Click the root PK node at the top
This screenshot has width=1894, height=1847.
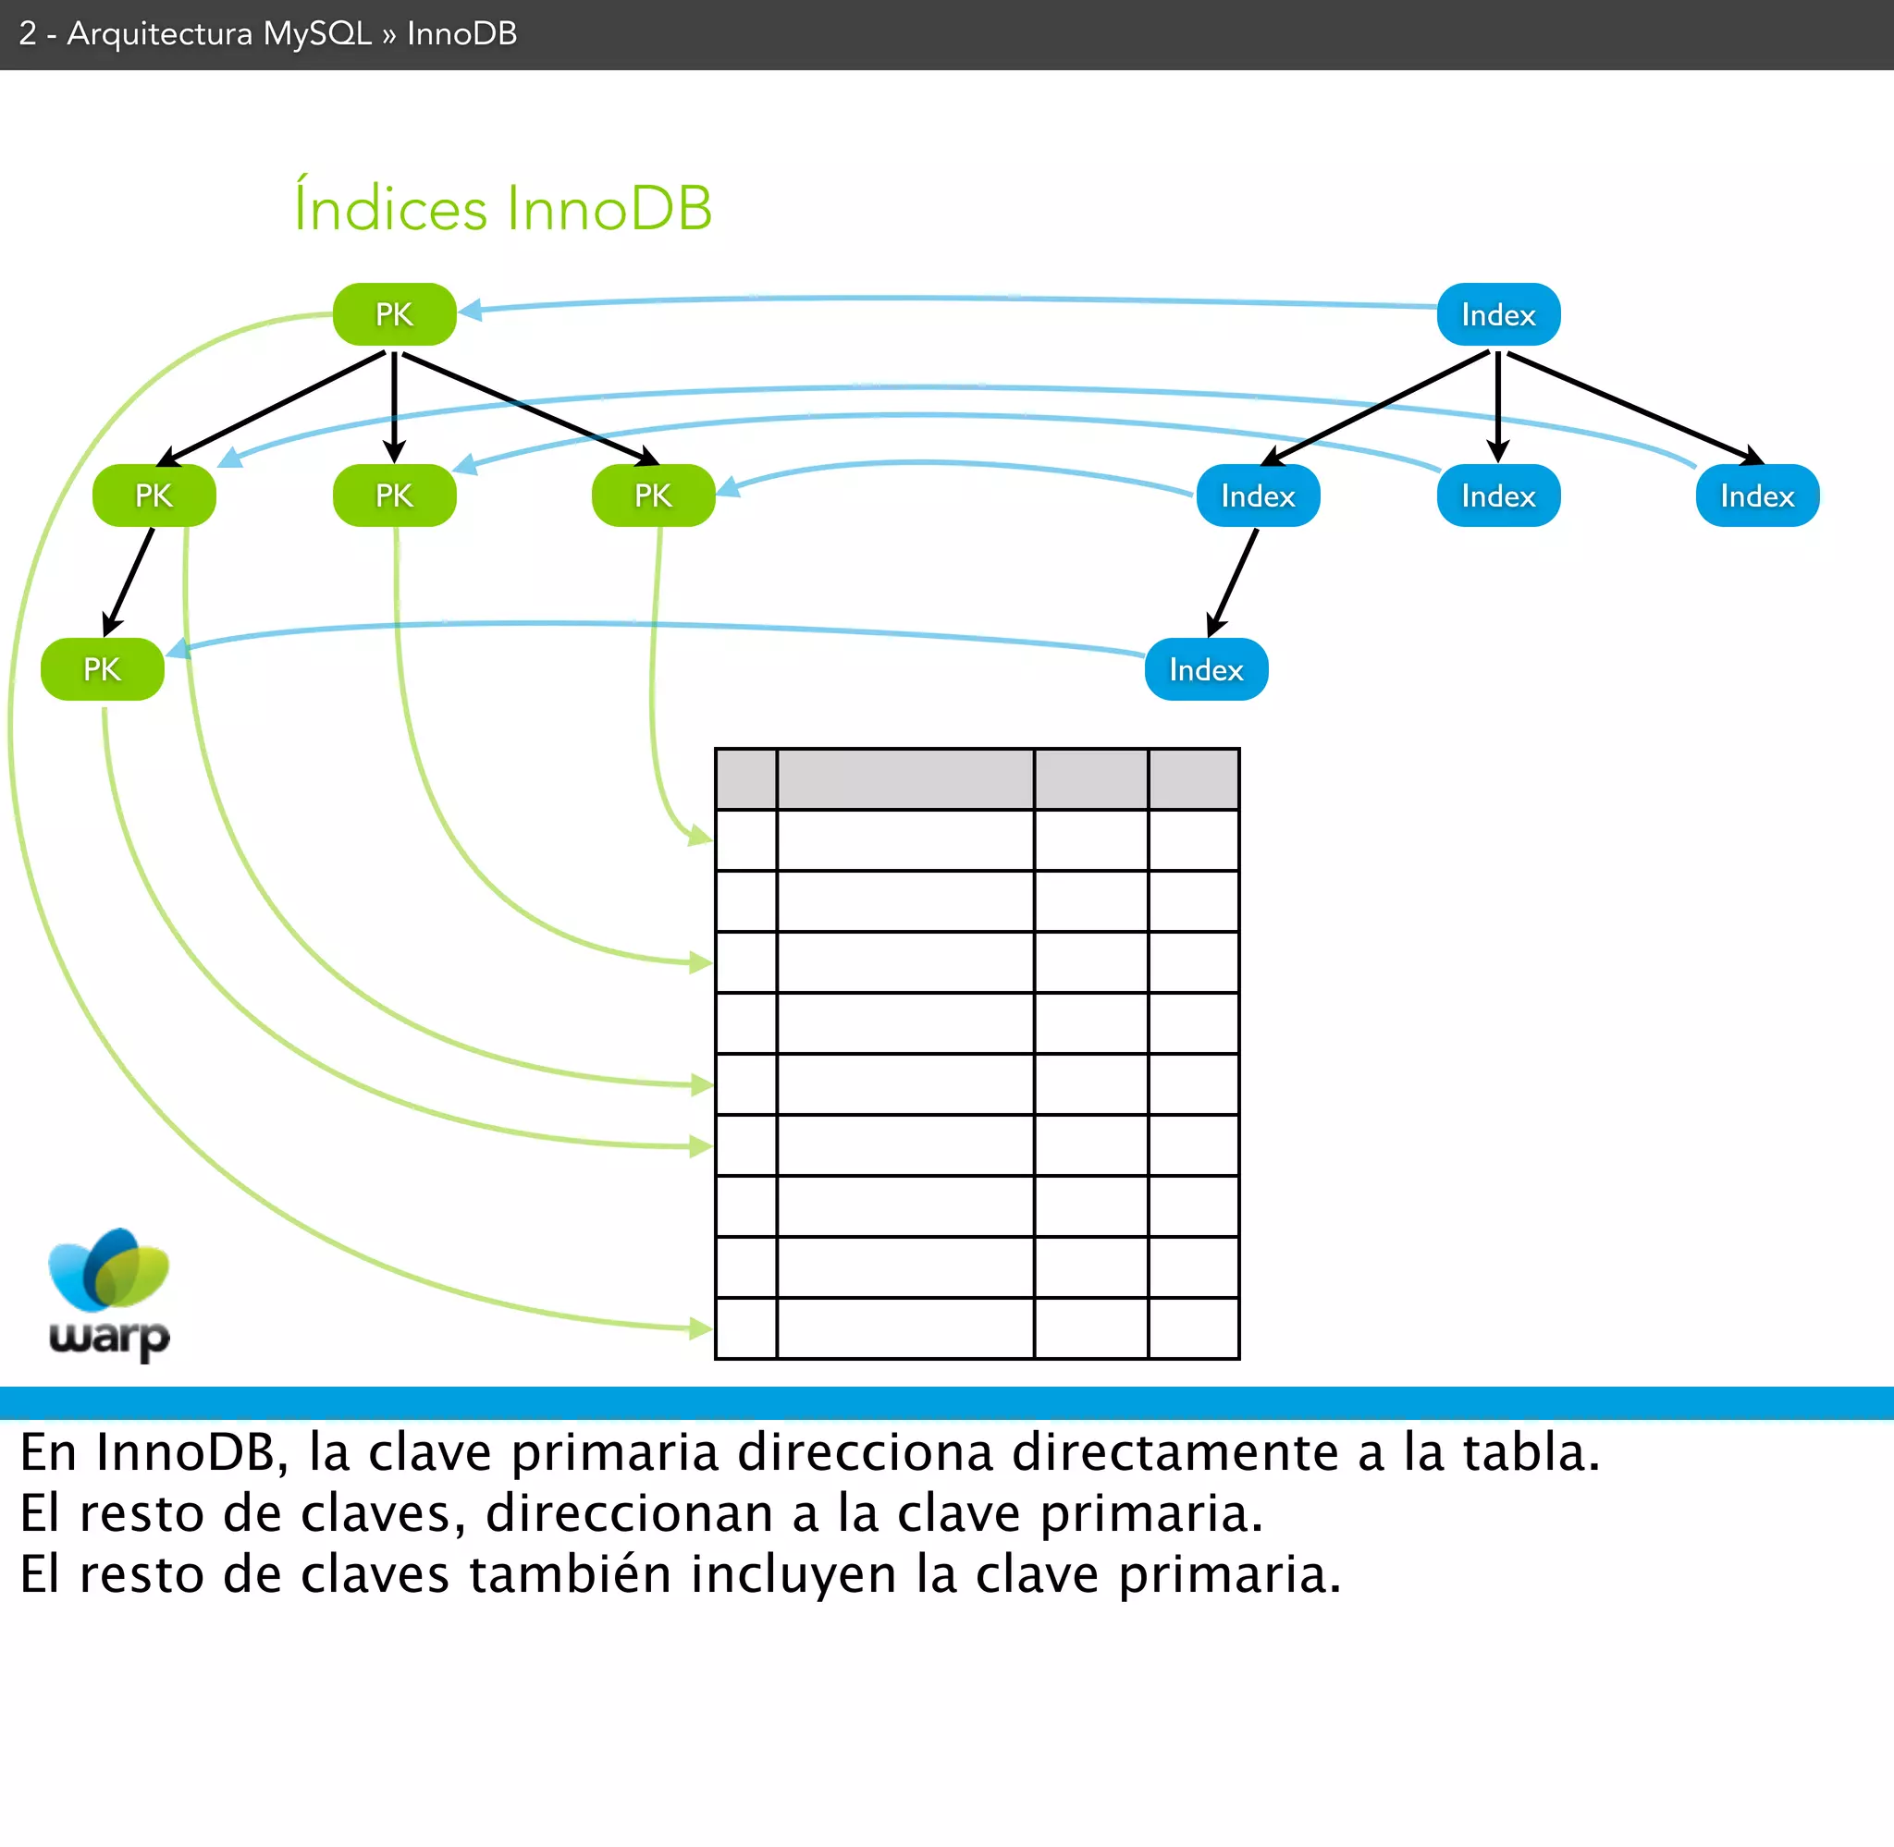[x=394, y=314]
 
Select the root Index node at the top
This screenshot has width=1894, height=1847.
[x=1498, y=314]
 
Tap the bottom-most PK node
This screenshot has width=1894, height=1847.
[x=102, y=669]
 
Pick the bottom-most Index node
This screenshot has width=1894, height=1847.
[x=1206, y=669]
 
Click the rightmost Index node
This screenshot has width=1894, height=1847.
[x=1757, y=495]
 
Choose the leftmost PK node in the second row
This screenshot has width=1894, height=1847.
[x=154, y=495]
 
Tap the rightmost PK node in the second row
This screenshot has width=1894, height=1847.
[x=653, y=495]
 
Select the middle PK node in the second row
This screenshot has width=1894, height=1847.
[x=394, y=495]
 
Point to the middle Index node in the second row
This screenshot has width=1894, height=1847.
[x=1498, y=495]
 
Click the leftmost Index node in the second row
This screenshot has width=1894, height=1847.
[x=1258, y=495]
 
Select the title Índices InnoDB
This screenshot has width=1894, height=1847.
[x=502, y=207]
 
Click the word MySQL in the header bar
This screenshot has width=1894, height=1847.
[x=317, y=34]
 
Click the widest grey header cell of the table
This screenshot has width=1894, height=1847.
[x=905, y=778]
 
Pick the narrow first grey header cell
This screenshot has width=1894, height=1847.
[x=746, y=778]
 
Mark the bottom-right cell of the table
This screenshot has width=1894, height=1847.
[x=1193, y=1328]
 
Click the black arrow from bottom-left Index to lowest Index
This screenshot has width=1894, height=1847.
[x=1234, y=582]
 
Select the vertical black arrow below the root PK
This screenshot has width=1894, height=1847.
[x=394, y=405]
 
